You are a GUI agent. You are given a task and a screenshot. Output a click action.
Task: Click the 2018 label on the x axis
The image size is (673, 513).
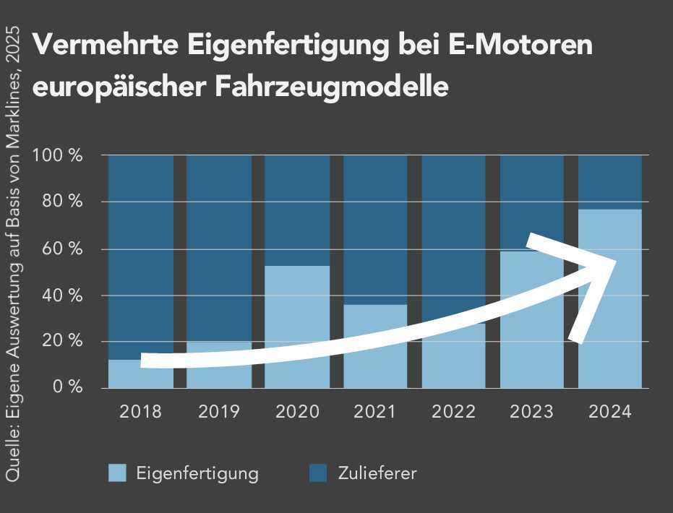[x=141, y=412]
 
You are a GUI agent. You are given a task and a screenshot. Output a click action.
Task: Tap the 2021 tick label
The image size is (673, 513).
[x=375, y=412]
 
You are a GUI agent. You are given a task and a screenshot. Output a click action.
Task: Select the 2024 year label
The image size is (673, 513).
[x=609, y=412]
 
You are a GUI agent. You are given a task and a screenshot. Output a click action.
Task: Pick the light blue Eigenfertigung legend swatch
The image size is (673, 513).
[x=117, y=473]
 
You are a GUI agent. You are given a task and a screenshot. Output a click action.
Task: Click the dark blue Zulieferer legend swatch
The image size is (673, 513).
[x=318, y=473]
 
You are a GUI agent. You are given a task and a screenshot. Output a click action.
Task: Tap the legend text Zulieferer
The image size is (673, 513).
[x=377, y=474]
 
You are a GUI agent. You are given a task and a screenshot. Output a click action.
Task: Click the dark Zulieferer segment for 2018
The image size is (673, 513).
[x=141, y=253]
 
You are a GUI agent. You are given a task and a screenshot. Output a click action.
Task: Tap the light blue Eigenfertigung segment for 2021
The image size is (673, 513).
[x=375, y=361]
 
